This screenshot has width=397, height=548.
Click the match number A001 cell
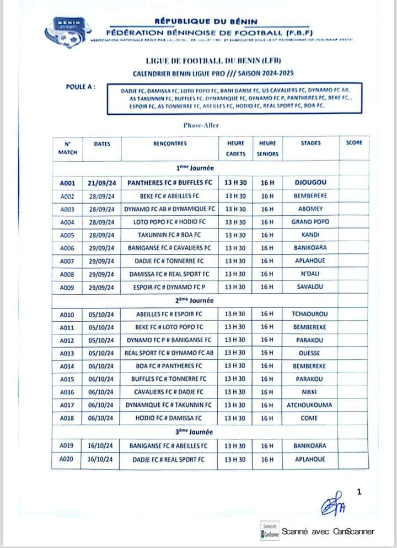(67, 183)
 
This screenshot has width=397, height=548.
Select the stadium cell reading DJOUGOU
(310, 182)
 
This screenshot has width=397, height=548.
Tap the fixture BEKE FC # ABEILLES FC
(169, 196)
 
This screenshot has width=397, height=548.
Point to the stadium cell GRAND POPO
(310, 222)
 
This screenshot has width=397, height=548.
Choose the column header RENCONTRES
(170, 143)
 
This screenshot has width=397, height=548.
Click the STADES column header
(310, 143)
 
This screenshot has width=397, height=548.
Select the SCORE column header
(354, 143)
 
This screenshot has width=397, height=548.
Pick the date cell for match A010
(101, 314)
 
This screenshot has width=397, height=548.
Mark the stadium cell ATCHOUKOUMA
(310, 405)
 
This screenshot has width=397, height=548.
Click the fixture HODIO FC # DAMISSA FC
(169, 418)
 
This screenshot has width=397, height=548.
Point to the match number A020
(67, 459)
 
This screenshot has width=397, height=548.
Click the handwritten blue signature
(333, 503)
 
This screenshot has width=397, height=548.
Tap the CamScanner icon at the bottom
(270, 531)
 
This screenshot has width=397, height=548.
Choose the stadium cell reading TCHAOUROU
(310, 314)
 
